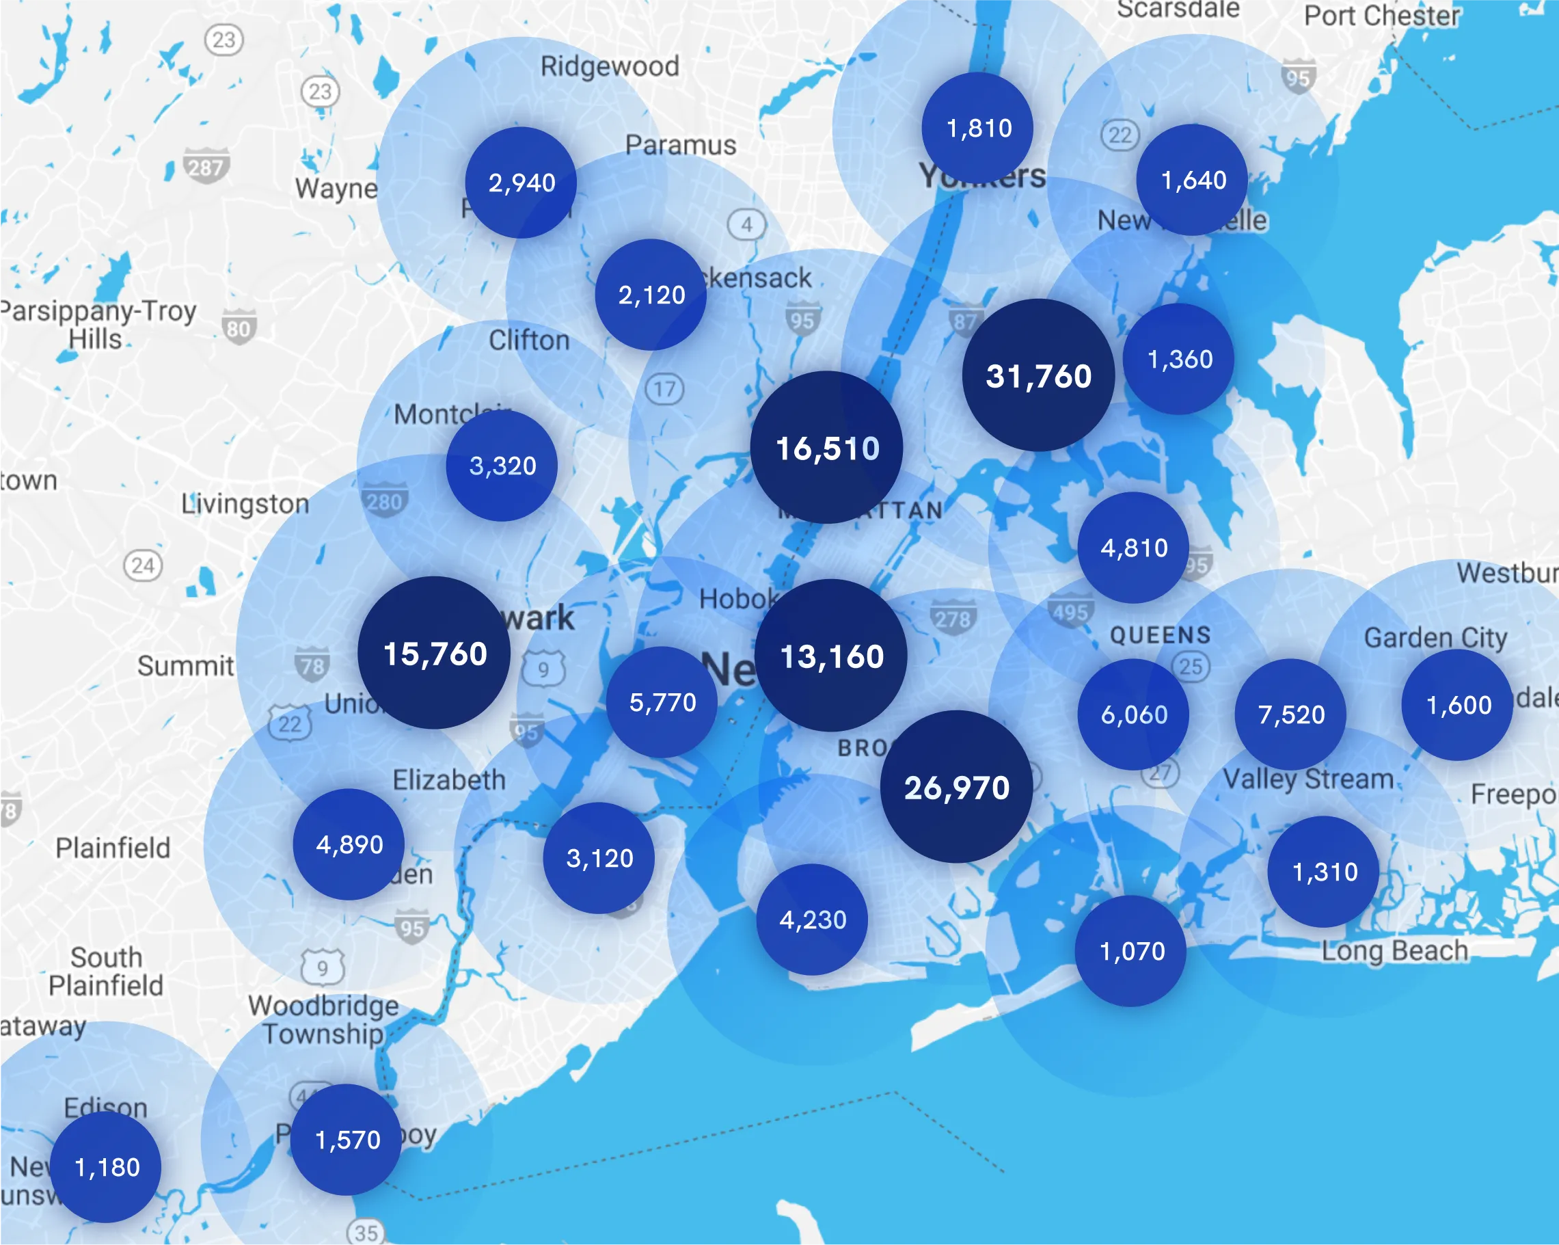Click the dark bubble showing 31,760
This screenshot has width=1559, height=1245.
pyautogui.click(x=1038, y=375)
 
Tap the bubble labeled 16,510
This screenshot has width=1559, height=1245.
pyautogui.click(x=826, y=447)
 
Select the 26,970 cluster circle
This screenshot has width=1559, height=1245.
pyautogui.click(x=956, y=786)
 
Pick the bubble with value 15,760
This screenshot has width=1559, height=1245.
pyautogui.click(x=434, y=652)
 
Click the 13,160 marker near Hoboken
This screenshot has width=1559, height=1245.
pyautogui.click(x=831, y=656)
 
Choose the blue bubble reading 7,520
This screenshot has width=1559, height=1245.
pyautogui.click(x=1290, y=714)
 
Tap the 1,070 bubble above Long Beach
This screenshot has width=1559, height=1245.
pyautogui.click(x=1131, y=950)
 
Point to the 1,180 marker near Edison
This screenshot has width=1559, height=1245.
pyautogui.click(x=107, y=1167)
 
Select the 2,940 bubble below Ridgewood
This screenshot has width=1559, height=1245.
pyautogui.click(x=521, y=183)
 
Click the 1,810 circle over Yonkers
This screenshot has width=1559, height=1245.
pyautogui.click(x=977, y=128)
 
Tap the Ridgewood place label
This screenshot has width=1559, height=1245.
pyautogui.click(x=610, y=66)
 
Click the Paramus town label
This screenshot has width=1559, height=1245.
pyautogui.click(x=681, y=145)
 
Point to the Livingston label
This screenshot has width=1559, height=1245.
pyautogui.click(x=245, y=503)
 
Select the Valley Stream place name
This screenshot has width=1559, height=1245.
pyautogui.click(x=1308, y=779)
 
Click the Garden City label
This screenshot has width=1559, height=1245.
pyautogui.click(x=1435, y=637)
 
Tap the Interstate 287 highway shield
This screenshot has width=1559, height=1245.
pyautogui.click(x=206, y=166)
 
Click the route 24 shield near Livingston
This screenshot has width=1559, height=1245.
pyautogui.click(x=143, y=565)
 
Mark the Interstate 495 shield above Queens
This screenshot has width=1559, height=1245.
pyautogui.click(x=1070, y=612)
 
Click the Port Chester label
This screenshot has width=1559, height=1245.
pyautogui.click(x=1381, y=16)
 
